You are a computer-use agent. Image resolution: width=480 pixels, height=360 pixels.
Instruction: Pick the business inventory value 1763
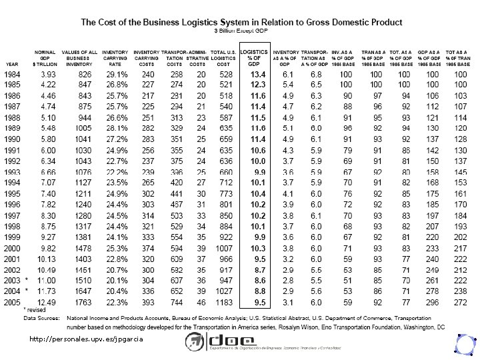[80, 301]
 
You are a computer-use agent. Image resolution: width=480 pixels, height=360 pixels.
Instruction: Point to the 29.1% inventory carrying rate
[115, 73]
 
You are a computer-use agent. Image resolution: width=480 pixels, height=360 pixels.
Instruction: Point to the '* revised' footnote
[35, 311]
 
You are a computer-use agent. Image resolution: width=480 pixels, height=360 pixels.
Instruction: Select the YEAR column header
[12, 64]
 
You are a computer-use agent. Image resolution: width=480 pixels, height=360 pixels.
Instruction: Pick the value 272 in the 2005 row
[459, 301]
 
